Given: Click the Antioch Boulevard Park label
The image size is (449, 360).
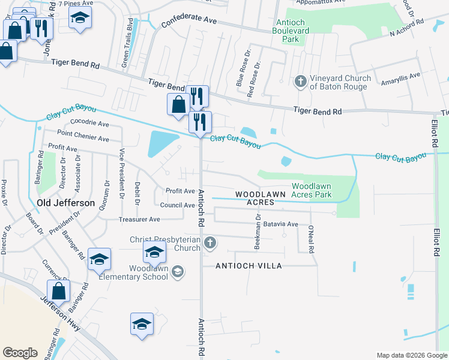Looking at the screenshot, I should pos(285,30).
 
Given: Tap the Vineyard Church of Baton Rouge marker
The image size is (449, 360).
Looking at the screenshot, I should pos(300,80).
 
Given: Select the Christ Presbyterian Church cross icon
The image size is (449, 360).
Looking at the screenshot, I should pos(209,243).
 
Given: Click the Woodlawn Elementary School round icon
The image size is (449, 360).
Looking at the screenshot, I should pos(177,272).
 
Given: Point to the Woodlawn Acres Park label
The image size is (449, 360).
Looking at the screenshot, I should pos(311,190).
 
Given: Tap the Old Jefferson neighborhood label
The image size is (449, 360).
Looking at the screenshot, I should pos(66,203).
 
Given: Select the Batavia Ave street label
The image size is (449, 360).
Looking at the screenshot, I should pos(281,224).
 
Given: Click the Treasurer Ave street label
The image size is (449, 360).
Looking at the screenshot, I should pos(139,220).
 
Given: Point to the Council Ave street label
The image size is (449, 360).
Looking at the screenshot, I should pos(177,205).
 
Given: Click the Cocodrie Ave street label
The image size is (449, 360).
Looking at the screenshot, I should pos(90,124).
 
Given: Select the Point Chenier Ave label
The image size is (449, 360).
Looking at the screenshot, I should pos(83,136).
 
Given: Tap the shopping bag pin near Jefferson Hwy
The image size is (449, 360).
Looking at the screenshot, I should pos(58,292).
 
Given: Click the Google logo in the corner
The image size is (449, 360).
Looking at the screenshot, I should pos(20,352).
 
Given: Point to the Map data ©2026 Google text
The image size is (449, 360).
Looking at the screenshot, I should pos(411,355).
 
